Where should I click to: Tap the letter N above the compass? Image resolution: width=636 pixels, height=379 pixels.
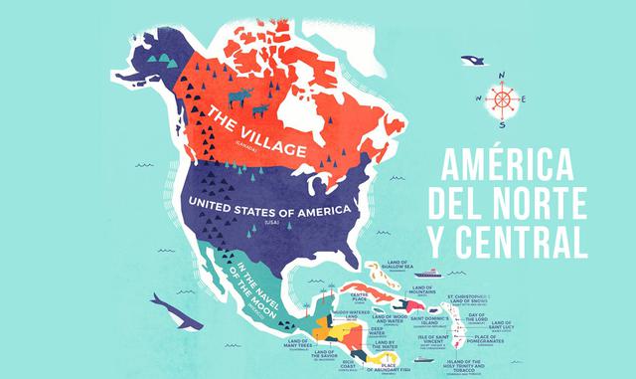(x=503, y=74)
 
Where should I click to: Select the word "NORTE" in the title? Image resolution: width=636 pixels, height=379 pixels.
(x=549, y=204)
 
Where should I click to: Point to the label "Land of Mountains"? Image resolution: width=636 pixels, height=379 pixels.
(x=423, y=293)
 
